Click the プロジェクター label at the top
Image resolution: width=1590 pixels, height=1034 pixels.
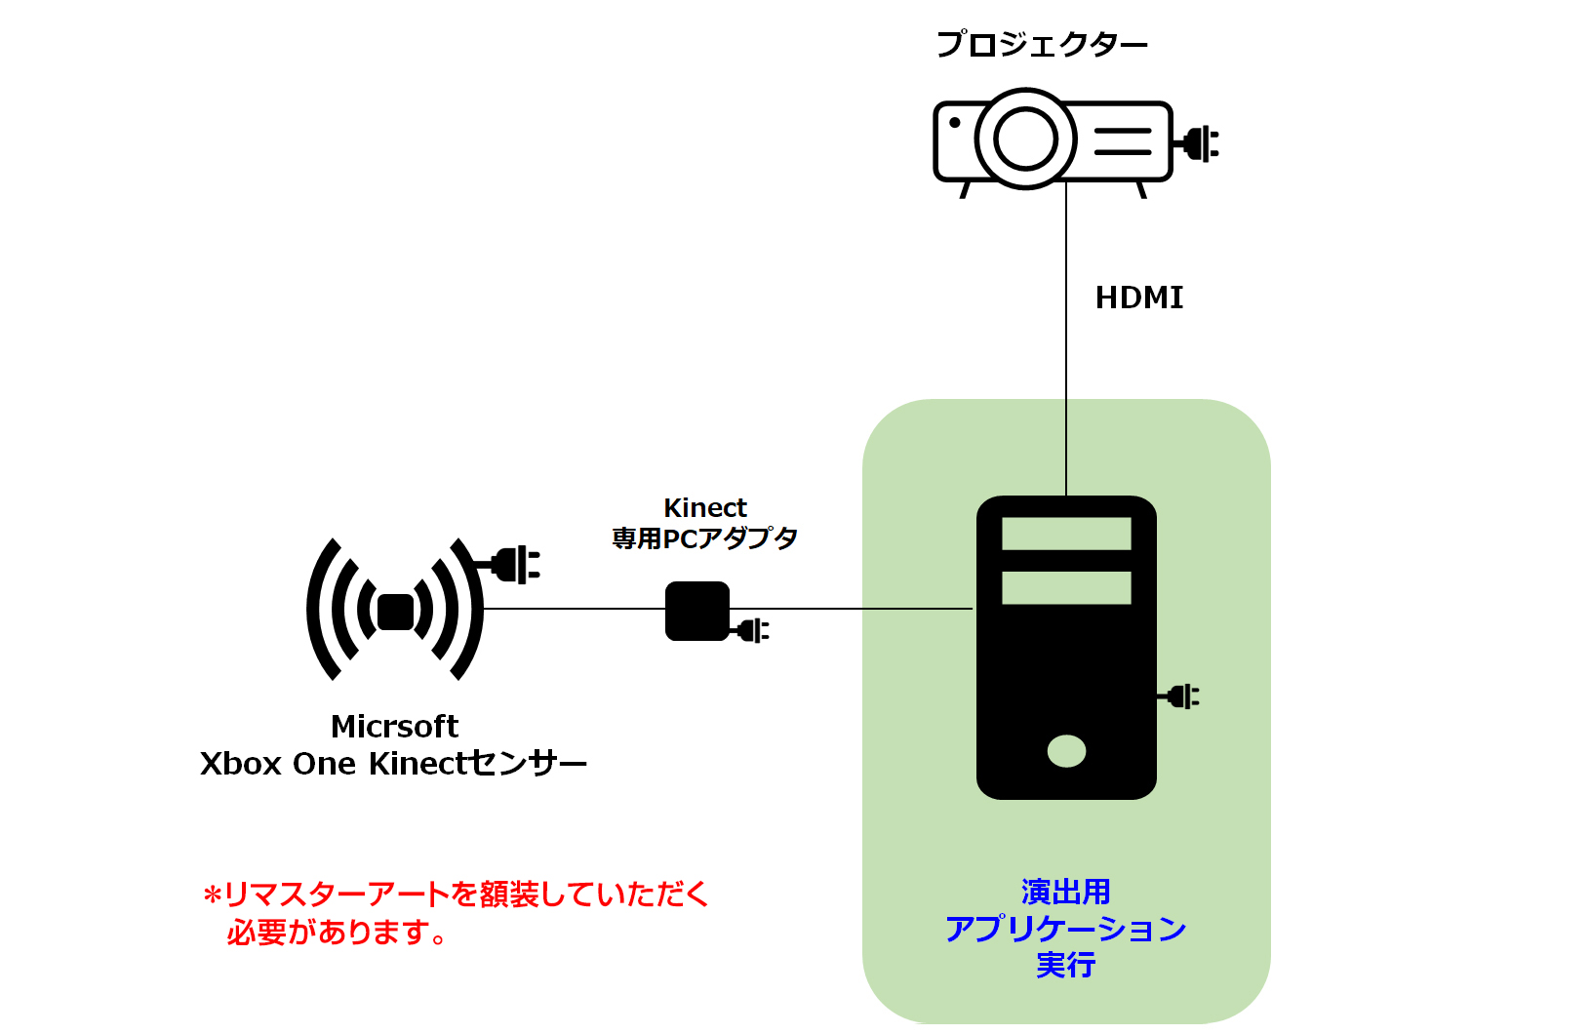(1042, 45)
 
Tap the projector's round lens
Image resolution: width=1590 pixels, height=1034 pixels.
(1025, 139)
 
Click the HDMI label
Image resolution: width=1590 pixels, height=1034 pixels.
(1139, 298)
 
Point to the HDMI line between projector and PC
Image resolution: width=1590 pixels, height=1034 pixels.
(1066, 338)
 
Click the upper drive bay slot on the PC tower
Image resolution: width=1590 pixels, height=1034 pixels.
(1066, 534)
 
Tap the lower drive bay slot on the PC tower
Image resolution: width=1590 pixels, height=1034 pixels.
(1066, 587)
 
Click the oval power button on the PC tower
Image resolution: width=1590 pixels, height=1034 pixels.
(1066, 751)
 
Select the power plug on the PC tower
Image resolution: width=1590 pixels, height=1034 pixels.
(1179, 696)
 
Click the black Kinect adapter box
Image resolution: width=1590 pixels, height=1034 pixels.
(697, 611)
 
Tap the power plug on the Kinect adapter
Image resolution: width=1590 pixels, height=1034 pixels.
(751, 630)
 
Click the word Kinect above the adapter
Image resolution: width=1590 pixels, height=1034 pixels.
(705, 508)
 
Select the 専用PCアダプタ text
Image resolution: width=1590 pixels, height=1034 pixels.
(705, 538)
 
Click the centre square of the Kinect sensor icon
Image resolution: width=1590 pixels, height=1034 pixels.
(395, 612)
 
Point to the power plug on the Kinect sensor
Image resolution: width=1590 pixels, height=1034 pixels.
(512, 565)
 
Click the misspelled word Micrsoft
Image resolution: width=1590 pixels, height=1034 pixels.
(395, 727)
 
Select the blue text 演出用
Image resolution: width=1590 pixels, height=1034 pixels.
(1065, 892)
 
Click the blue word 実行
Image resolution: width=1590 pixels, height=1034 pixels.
(1065, 965)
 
